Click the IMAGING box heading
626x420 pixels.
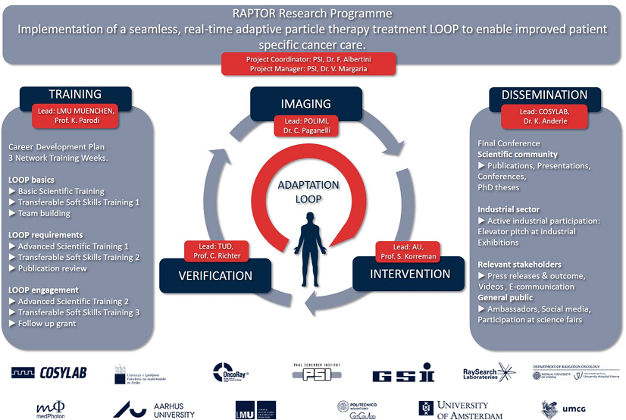pos(306,104)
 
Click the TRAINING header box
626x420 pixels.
pos(75,95)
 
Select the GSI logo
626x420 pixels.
pos(404,374)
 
